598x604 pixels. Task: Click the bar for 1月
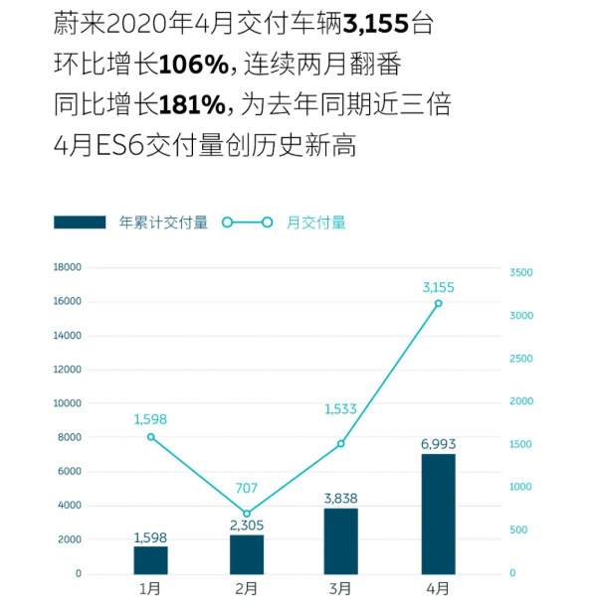[x=150, y=559]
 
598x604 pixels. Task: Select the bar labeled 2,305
[x=247, y=554]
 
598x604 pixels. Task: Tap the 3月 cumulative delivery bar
[x=341, y=541]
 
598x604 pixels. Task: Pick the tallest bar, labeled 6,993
[x=438, y=514]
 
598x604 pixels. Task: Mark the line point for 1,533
[x=341, y=443]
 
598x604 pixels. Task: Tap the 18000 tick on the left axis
[x=68, y=267]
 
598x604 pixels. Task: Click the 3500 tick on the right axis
[x=521, y=272]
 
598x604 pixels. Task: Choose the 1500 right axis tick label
[x=521, y=444]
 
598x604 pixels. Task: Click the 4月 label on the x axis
[x=438, y=588]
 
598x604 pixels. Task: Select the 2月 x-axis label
[x=247, y=588]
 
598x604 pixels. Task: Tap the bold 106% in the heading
[x=193, y=66]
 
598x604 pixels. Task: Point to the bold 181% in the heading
[x=193, y=105]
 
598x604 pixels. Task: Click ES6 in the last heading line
[x=116, y=145]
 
